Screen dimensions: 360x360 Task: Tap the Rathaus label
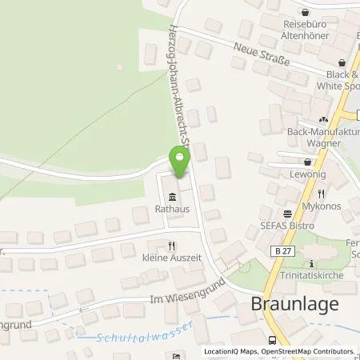coord(170,212)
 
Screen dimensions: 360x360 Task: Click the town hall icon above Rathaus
coord(170,198)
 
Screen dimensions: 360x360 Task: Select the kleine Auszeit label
coord(170,260)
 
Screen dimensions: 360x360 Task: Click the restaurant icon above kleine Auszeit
coord(170,246)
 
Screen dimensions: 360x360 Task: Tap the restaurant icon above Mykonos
coord(321,193)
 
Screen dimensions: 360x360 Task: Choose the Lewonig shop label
coord(306,174)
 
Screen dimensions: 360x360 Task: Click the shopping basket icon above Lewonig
coord(307,161)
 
